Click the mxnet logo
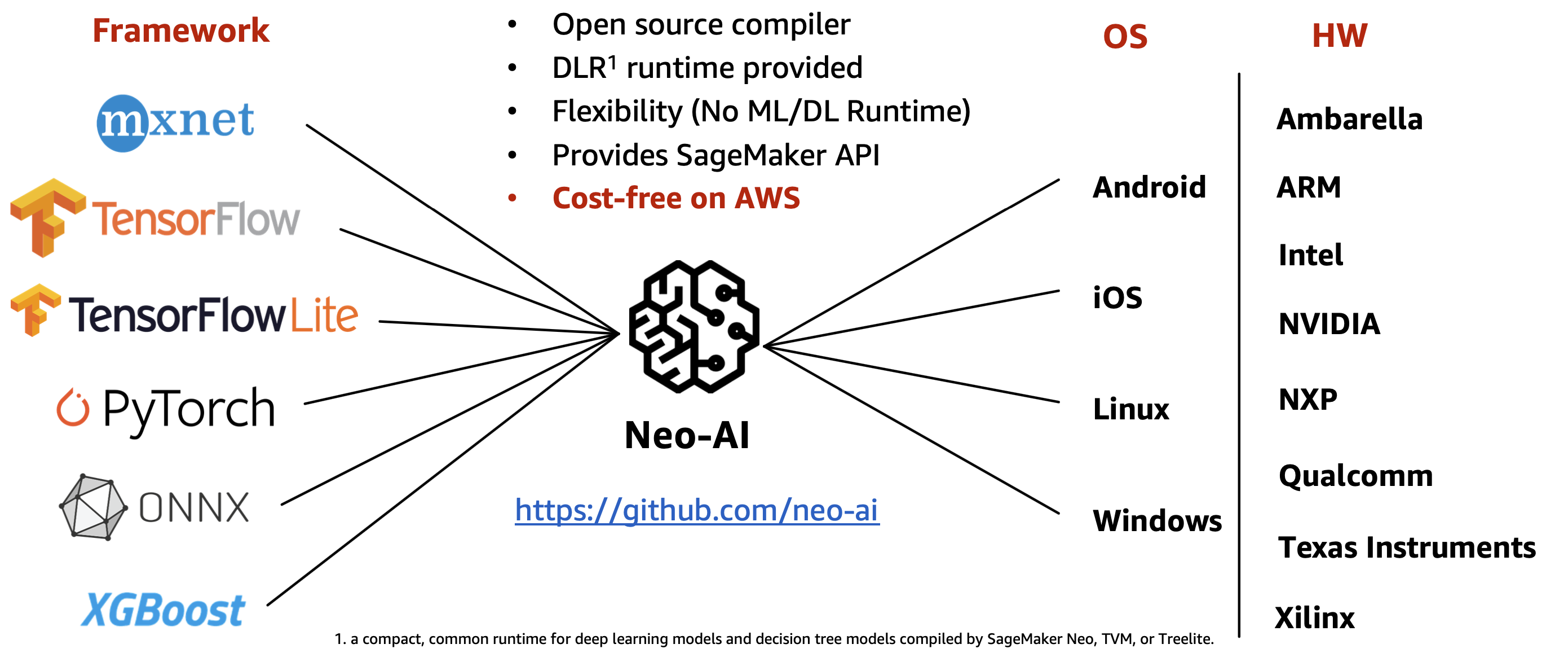175,122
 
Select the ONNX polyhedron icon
93,507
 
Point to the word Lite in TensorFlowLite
325,315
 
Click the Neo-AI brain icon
694,327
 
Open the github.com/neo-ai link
697,510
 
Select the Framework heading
180,30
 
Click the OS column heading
1125,37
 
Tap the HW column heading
1340,36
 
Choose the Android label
1149,187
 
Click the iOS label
1117,298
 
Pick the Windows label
1157,521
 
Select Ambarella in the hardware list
1350,119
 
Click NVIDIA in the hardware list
1329,324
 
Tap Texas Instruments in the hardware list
1407,547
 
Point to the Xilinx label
1315,618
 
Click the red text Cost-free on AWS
676,198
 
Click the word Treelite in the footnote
1185,639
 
